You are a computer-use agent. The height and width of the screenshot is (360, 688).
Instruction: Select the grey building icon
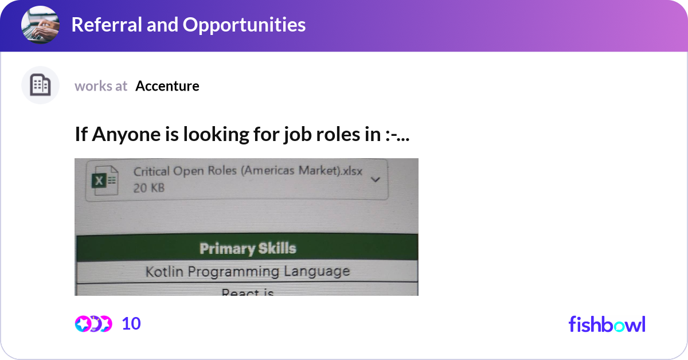point(40,85)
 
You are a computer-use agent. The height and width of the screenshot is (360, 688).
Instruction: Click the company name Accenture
point(167,86)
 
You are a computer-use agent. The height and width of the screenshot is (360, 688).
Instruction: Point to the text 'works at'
point(101,86)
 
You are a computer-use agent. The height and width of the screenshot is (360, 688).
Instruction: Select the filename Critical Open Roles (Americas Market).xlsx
point(248,172)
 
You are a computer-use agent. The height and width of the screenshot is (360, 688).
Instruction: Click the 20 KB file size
point(148,187)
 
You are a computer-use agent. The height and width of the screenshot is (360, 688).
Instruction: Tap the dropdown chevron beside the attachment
point(376,179)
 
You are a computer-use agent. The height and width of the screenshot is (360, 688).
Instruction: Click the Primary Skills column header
point(248,248)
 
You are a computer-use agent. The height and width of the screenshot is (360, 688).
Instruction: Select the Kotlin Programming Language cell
point(248,271)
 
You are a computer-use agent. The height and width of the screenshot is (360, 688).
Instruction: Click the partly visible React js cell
point(248,292)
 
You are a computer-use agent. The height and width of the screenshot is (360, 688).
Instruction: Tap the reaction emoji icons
point(93,324)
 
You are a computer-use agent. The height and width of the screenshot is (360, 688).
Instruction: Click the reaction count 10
point(131,324)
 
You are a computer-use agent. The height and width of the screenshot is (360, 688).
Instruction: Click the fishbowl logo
point(607,324)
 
